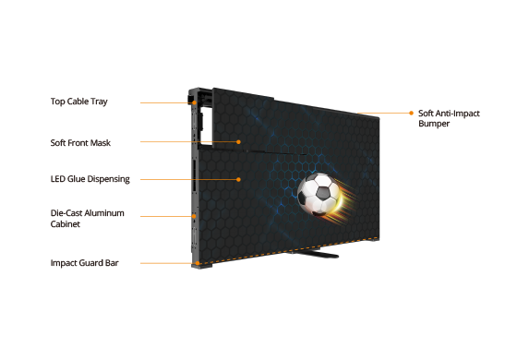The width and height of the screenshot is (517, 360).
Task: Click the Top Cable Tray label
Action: click(x=79, y=102)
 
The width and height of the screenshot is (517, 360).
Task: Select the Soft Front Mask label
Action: click(x=80, y=143)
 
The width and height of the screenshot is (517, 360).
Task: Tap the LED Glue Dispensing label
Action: click(x=90, y=179)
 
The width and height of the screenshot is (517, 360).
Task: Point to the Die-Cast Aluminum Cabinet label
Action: click(x=88, y=218)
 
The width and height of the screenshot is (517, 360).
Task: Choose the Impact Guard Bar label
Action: click(x=84, y=263)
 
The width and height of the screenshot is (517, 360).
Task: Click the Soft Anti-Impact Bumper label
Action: click(x=449, y=118)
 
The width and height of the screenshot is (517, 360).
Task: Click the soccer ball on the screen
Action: click(x=319, y=194)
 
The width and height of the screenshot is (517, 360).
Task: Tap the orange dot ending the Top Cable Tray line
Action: click(x=195, y=102)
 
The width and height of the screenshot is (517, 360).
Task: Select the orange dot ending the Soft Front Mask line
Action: click(x=238, y=142)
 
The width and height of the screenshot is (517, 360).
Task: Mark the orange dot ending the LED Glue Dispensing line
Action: click(x=238, y=179)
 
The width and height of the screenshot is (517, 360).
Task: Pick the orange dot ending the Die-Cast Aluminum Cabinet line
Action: click(x=194, y=216)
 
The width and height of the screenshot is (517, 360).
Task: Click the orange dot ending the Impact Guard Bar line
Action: click(x=198, y=263)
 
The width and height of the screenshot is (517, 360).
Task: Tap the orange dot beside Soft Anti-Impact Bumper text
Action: click(x=411, y=113)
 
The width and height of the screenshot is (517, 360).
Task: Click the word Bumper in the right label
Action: click(x=434, y=124)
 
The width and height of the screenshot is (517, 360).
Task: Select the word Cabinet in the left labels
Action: click(x=66, y=223)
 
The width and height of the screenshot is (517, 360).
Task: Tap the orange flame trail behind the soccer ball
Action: click(x=344, y=201)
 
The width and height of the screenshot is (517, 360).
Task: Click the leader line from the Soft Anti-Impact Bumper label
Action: click(x=383, y=113)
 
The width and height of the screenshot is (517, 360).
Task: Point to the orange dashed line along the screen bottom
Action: click(x=288, y=250)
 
